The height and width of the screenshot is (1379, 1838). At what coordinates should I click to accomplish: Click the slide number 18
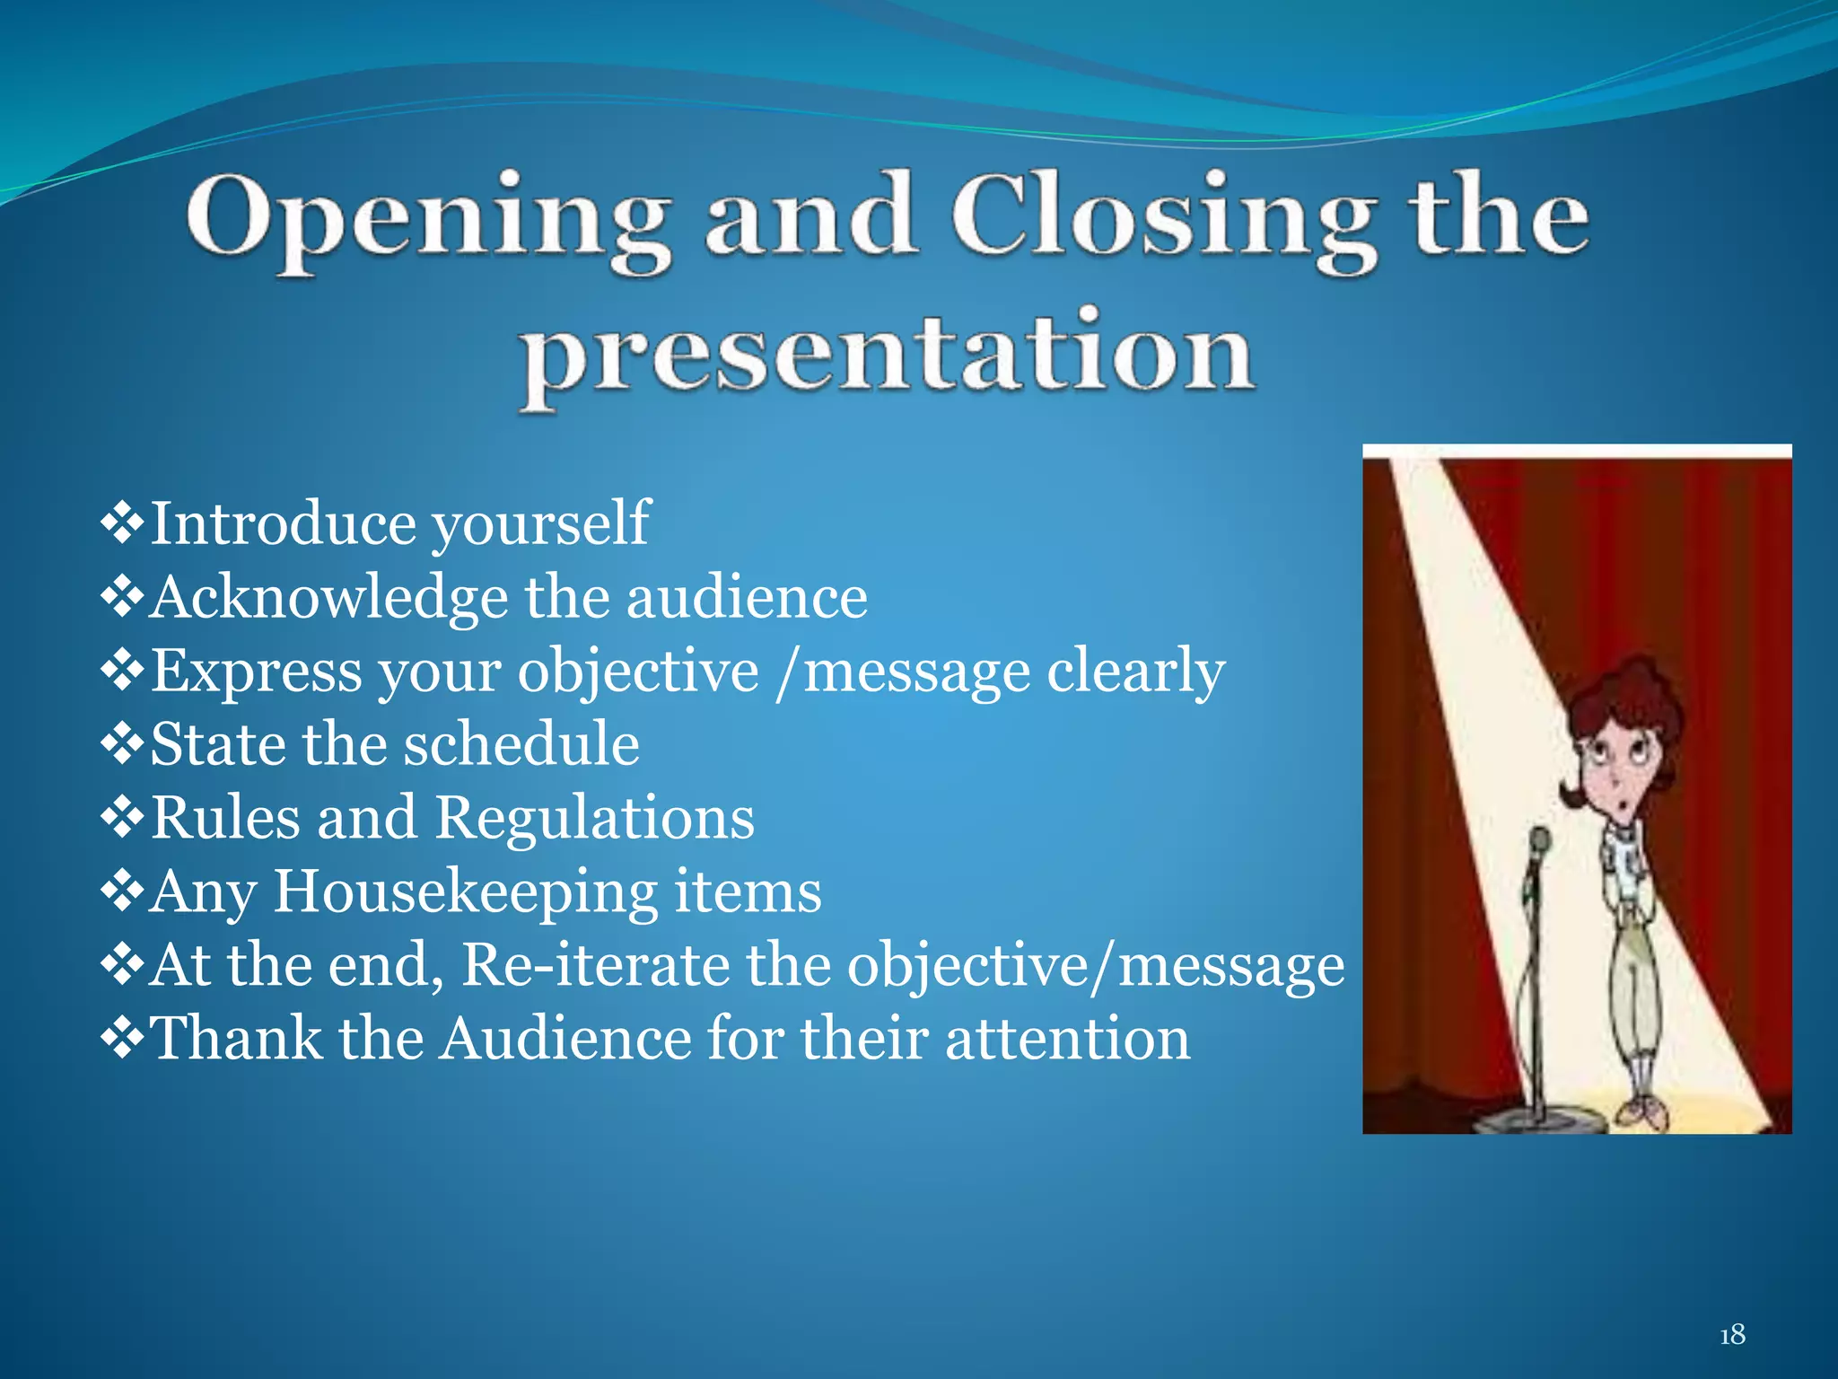pos(1732,1334)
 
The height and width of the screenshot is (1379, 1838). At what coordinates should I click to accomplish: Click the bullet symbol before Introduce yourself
pos(122,524)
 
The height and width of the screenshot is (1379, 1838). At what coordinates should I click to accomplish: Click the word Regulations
pos(595,818)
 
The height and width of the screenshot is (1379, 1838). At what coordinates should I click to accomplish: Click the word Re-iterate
pos(596,965)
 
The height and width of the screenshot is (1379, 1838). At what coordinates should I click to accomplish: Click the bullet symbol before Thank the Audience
pos(122,1039)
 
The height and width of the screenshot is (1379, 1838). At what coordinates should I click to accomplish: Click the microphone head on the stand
pos(1540,842)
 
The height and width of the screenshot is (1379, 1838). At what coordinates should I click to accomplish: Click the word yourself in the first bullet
pos(540,524)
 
